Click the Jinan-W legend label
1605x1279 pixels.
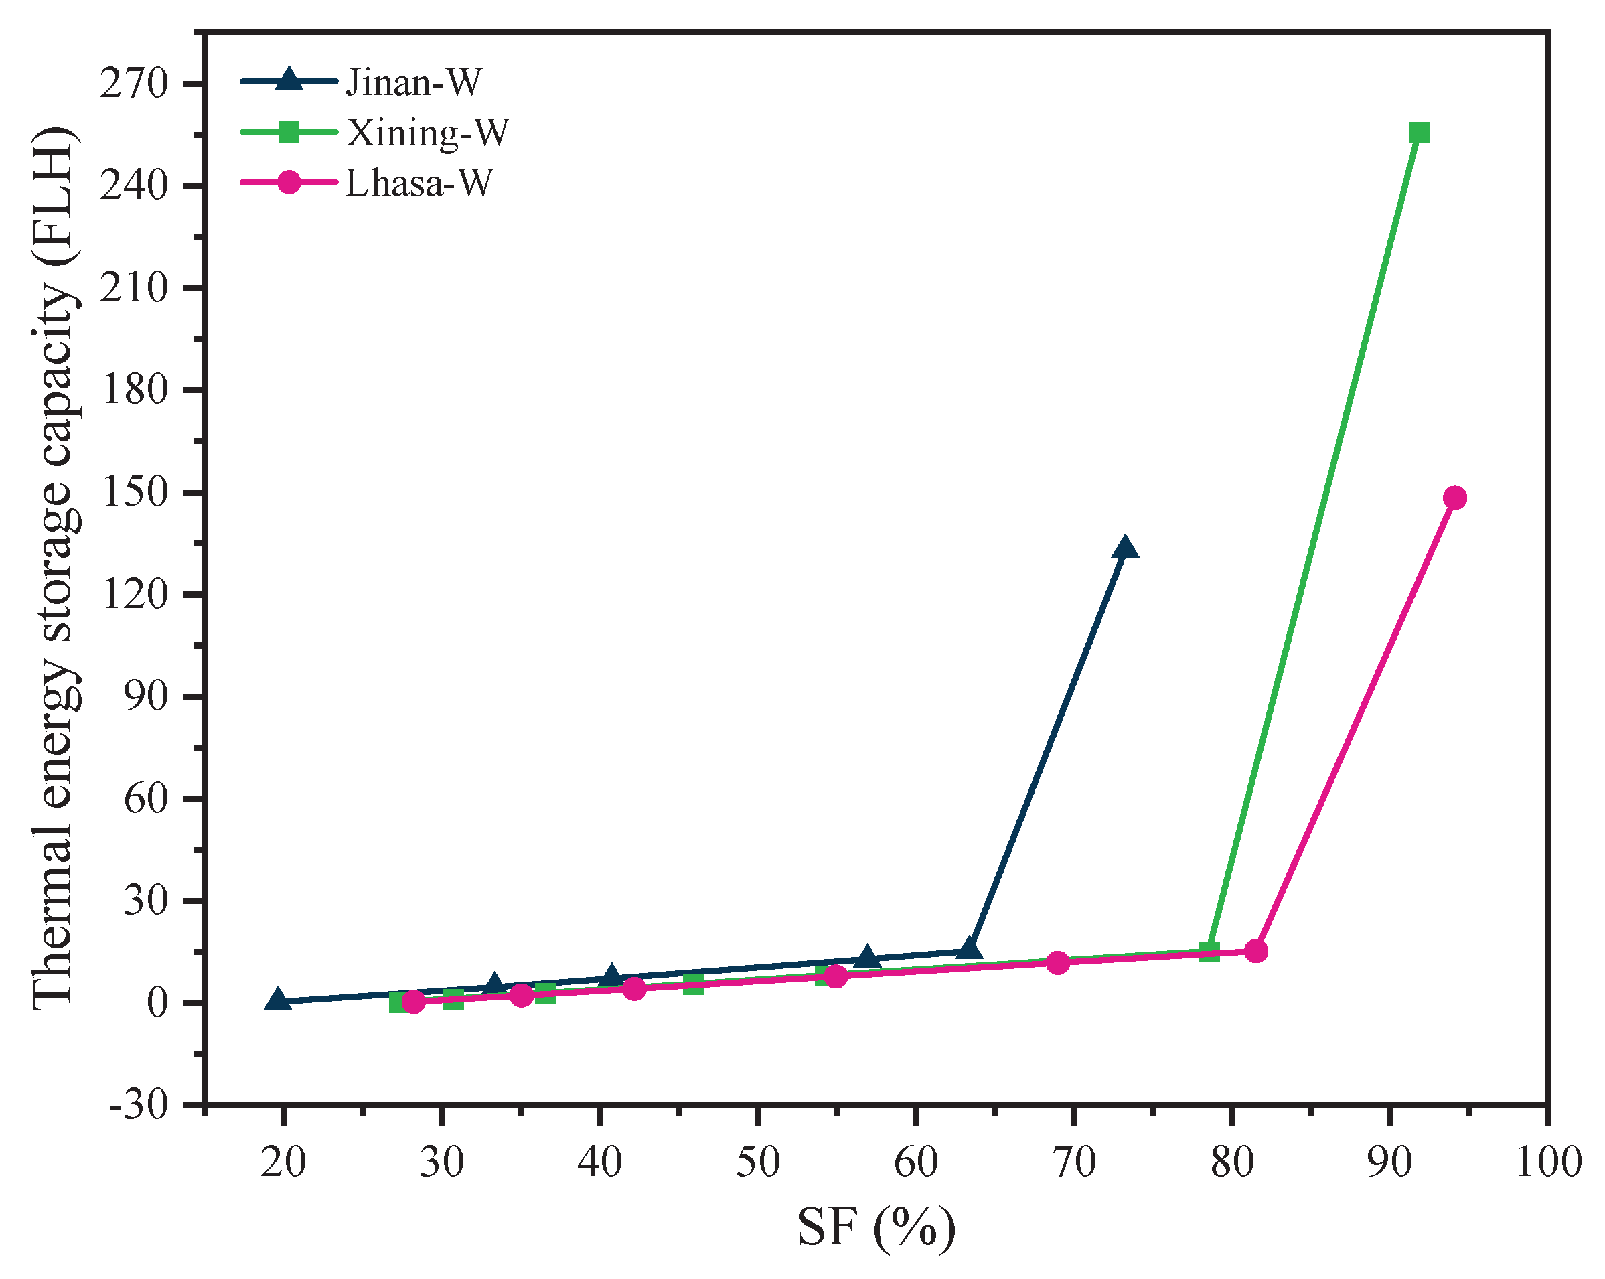(413, 82)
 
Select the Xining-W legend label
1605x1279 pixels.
(427, 133)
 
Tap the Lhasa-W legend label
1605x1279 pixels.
(418, 183)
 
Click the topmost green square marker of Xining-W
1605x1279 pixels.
(1420, 133)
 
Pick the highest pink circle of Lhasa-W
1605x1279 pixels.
(1454, 498)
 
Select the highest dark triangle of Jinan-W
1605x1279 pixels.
(1125, 548)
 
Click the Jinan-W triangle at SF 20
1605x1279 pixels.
(278, 1000)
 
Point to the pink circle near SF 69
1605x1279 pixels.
(1058, 963)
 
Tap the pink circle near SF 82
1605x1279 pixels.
(1256, 951)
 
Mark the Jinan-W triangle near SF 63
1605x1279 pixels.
(968, 948)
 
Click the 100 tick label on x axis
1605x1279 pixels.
(1547, 1162)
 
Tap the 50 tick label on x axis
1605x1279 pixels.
(757, 1162)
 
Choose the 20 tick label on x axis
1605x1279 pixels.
(283, 1162)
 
